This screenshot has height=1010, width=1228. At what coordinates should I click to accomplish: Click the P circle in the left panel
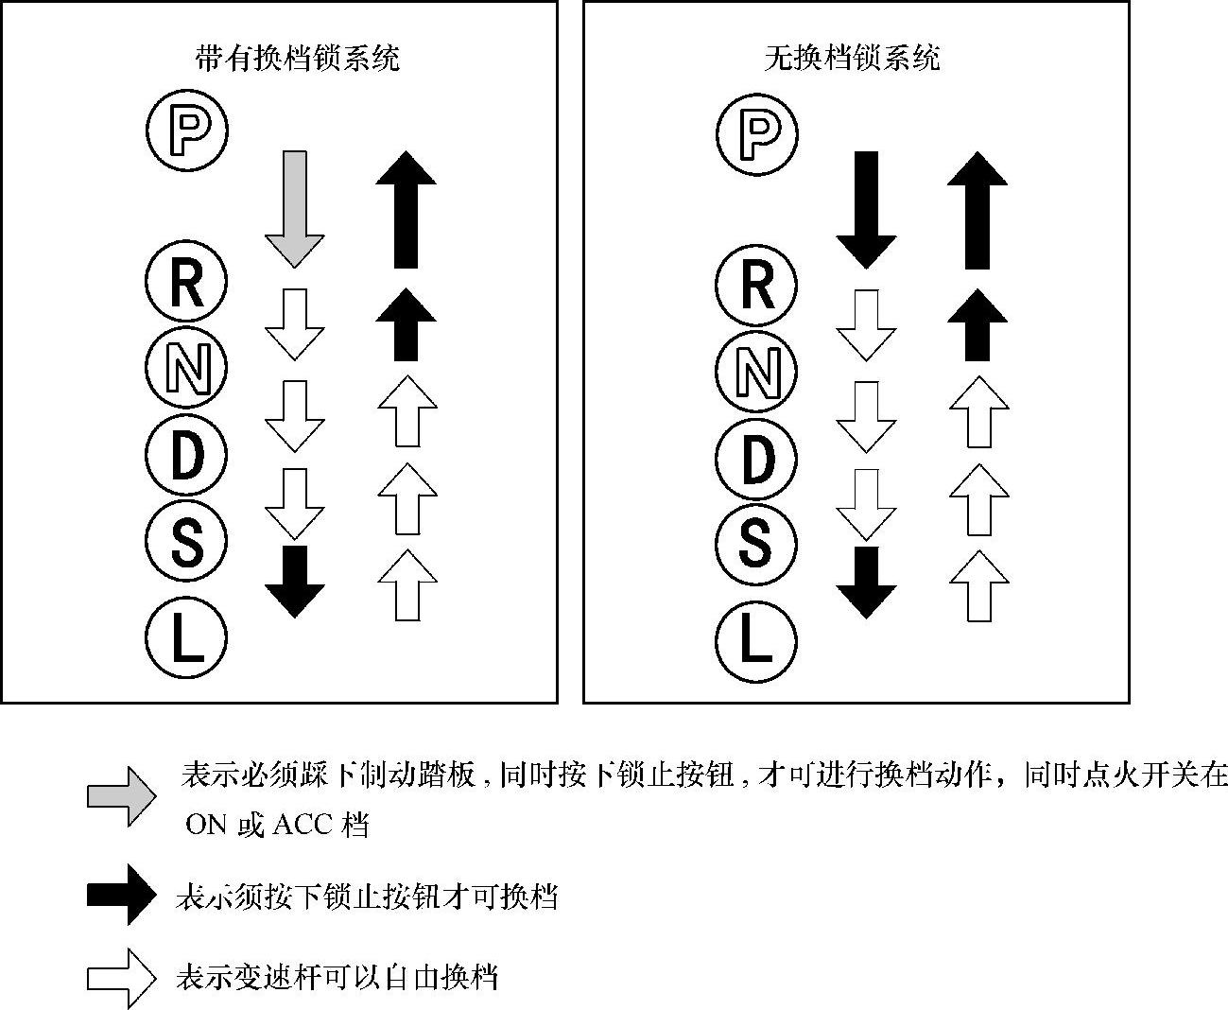(x=187, y=128)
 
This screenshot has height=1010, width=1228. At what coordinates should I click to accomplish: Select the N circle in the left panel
(x=187, y=367)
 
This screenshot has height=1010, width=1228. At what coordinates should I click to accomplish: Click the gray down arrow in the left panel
(x=294, y=207)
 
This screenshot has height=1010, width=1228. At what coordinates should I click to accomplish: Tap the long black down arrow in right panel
(x=865, y=208)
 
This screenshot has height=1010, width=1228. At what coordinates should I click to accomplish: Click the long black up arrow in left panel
(x=406, y=208)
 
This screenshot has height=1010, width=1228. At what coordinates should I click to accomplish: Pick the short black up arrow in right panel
(x=977, y=323)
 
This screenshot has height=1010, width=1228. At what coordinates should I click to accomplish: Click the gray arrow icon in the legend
(x=121, y=795)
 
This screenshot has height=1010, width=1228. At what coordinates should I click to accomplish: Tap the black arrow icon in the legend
(x=121, y=894)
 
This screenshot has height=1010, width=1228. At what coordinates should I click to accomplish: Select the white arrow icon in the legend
(x=121, y=978)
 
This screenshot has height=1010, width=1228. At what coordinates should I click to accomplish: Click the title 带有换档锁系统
(x=297, y=59)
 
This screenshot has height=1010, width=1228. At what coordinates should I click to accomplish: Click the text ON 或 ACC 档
(x=277, y=825)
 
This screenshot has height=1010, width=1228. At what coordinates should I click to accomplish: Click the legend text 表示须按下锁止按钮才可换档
(x=367, y=895)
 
